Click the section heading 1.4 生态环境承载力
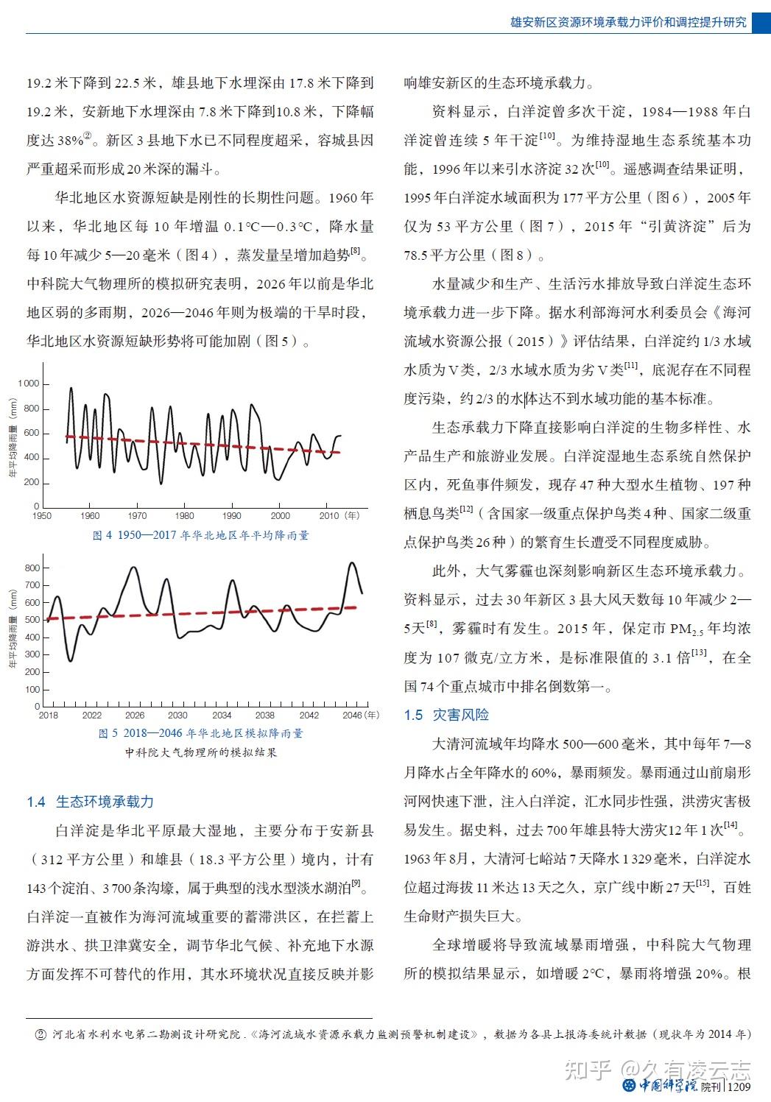(90, 802)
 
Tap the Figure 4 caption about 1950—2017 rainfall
(200, 535)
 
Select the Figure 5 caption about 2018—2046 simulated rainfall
(200, 733)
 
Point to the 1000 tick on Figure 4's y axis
(29, 384)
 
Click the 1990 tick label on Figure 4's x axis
(232, 516)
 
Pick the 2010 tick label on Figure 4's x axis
(328, 516)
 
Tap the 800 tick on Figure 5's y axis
(32, 568)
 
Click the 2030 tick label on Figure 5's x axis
(177, 715)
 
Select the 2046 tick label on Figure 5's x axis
(353, 715)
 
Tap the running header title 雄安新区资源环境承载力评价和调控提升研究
(628, 22)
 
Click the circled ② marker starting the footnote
(41, 1034)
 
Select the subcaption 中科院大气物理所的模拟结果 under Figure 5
(200, 752)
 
